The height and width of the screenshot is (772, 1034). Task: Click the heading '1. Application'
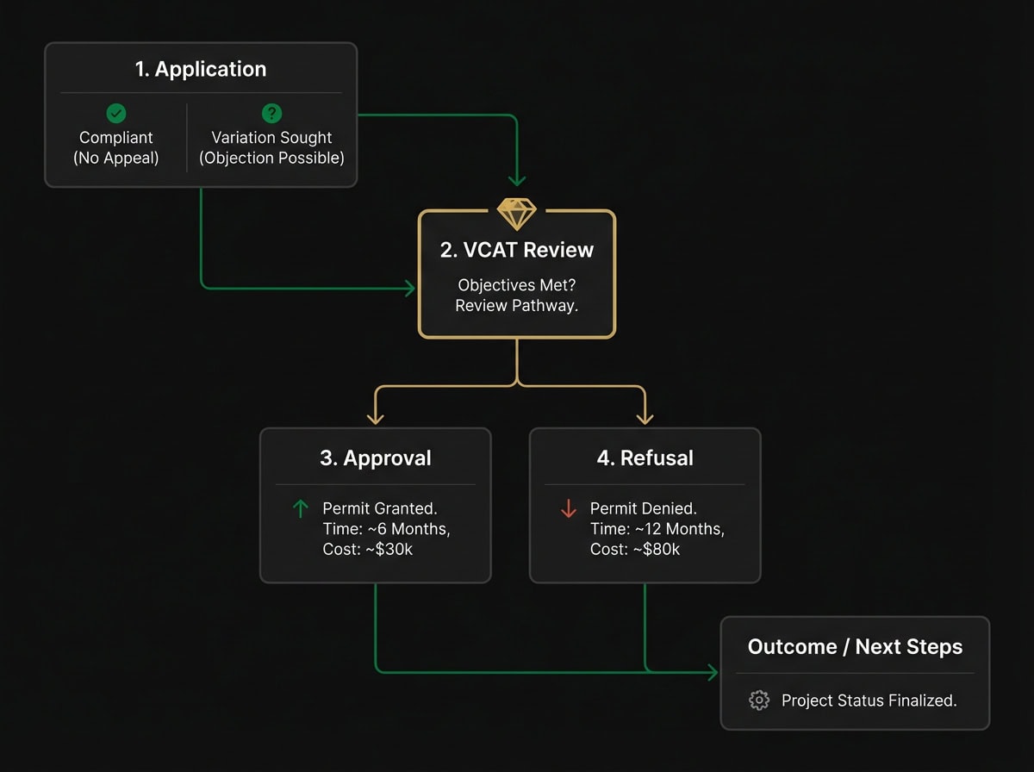click(x=201, y=70)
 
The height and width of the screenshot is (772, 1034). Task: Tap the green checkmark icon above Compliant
click(x=115, y=113)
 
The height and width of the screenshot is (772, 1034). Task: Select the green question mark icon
click(x=271, y=113)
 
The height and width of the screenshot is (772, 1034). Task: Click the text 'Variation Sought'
click(x=271, y=138)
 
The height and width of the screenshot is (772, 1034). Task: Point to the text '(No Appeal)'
click(x=115, y=158)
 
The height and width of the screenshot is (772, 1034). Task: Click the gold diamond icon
click(x=517, y=214)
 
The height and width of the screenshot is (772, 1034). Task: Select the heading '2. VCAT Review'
click(x=517, y=250)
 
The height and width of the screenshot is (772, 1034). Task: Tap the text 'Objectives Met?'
click(x=517, y=285)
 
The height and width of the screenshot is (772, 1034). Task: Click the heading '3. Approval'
click(x=375, y=458)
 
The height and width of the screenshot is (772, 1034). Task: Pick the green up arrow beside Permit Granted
click(x=301, y=509)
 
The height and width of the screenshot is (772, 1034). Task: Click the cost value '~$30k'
click(x=380, y=549)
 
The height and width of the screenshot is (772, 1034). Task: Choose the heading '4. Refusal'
click(x=644, y=458)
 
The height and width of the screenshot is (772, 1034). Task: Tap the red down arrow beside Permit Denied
click(x=569, y=509)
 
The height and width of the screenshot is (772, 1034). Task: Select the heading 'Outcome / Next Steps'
click(x=855, y=647)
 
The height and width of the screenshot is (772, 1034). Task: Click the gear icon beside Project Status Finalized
click(x=759, y=700)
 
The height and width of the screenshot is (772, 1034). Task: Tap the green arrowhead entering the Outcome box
click(x=713, y=672)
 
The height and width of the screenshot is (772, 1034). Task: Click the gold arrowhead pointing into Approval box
click(x=375, y=418)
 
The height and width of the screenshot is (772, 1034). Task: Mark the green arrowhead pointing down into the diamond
click(x=517, y=180)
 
